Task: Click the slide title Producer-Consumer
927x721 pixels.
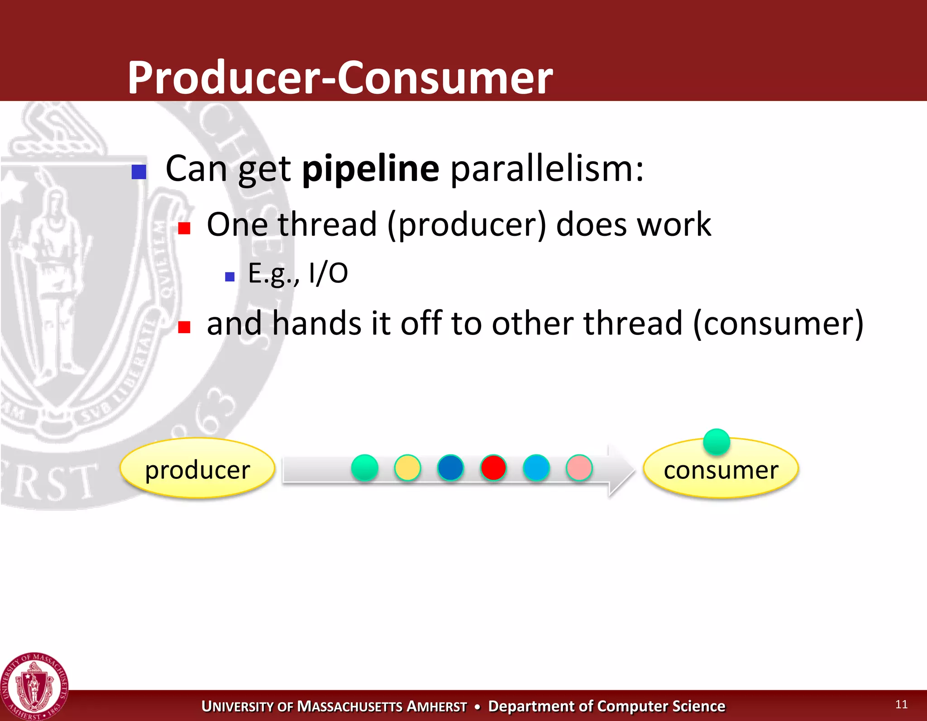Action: pyautogui.click(x=340, y=77)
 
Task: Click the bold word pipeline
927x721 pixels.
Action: pyautogui.click(x=370, y=169)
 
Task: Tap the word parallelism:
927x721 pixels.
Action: pyautogui.click(x=547, y=169)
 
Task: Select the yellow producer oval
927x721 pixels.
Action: pyautogui.click(x=197, y=469)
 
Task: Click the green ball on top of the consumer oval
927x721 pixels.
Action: pyautogui.click(x=717, y=441)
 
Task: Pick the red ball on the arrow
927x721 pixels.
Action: pyautogui.click(x=493, y=468)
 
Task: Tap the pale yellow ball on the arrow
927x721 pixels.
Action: pyautogui.click(x=407, y=468)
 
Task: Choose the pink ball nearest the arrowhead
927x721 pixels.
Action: pyautogui.click(x=579, y=468)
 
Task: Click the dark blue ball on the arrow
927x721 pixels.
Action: pyautogui.click(x=450, y=468)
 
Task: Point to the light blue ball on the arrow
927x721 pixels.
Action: pyautogui.click(x=536, y=468)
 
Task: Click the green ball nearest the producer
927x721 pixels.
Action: pyautogui.click(x=364, y=468)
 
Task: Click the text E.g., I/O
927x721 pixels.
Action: pyautogui.click(x=297, y=273)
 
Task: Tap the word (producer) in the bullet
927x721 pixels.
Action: pyautogui.click(x=466, y=224)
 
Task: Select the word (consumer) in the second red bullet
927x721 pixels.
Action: pyautogui.click(x=778, y=323)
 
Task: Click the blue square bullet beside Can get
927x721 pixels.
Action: pyautogui.click(x=139, y=172)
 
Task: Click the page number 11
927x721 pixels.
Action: pyautogui.click(x=901, y=704)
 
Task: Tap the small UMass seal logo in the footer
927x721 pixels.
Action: pyautogui.click(x=34, y=687)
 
